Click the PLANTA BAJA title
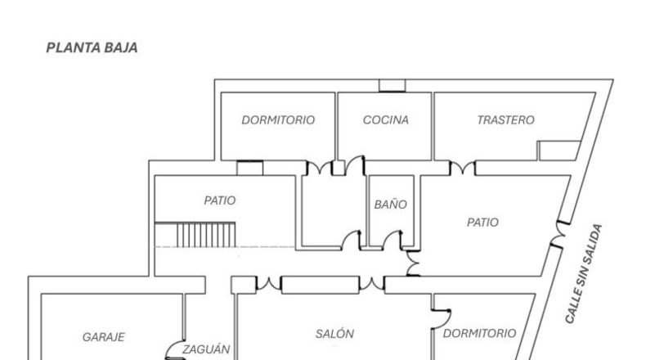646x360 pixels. click(92, 47)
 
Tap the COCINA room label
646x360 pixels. click(386, 120)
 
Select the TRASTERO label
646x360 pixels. click(505, 120)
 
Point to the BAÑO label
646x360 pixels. click(391, 204)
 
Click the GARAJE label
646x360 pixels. click(103, 337)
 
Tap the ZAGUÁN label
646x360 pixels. click(206, 349)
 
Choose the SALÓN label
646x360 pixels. click(334, 333)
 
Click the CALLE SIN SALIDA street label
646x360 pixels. click(583, 274)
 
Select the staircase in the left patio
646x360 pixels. click(195, 235)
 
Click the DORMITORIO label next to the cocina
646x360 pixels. click(278, 120)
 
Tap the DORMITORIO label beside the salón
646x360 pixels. click(479, 333)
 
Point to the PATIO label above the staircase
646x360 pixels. click(220, 200)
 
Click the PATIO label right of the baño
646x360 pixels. click(482, 223)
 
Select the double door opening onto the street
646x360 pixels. click(559, 235)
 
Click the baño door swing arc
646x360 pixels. click(392, 240)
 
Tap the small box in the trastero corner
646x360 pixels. click(559, 151)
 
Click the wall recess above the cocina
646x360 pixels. click(392, 86)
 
